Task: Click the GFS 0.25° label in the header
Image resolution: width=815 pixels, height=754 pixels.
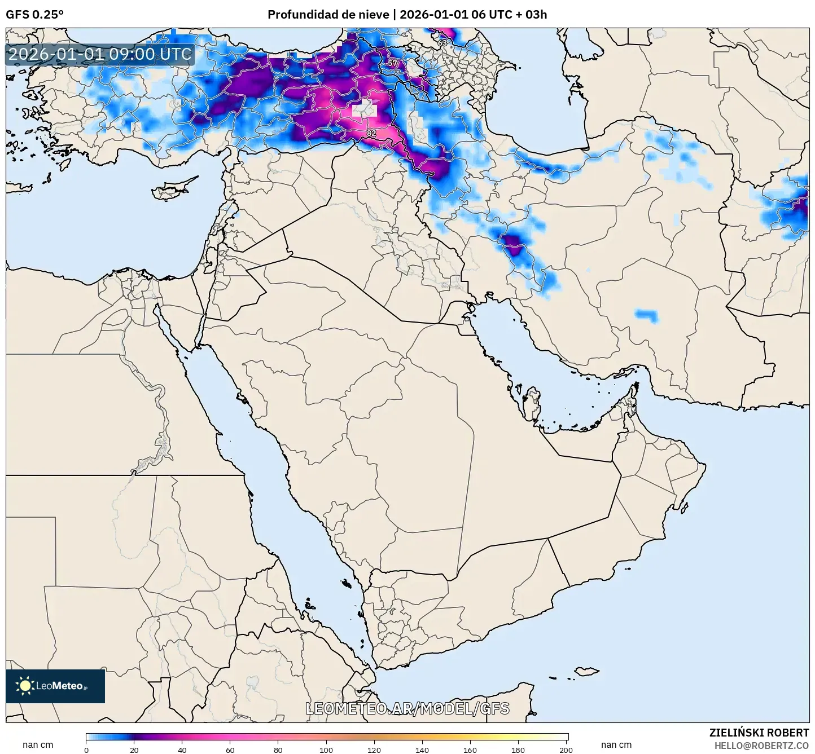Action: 34,14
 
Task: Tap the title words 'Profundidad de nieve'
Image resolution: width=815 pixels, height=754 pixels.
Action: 328,14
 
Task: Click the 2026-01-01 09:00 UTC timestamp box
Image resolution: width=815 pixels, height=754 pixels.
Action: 100,54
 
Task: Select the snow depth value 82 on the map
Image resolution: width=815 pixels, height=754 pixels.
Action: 371,133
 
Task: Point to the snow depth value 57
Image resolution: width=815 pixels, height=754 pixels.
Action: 392,63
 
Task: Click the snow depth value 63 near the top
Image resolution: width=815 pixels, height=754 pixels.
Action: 442,42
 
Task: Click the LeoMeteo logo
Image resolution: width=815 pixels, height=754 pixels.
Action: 55,686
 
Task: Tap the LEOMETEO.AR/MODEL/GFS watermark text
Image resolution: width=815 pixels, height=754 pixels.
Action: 407,708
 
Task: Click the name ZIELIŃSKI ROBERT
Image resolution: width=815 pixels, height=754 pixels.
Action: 759,733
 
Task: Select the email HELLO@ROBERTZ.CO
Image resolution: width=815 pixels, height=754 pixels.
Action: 761,746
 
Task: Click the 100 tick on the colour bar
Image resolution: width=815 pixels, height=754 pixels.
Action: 326,750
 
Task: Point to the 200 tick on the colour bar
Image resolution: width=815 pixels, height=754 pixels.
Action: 566,750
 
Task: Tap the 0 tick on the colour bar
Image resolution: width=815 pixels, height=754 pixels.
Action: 86,750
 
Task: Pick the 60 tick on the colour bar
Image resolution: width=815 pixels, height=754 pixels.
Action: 230,750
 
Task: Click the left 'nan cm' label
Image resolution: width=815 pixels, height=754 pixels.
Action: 38,745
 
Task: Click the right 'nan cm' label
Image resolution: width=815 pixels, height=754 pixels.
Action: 616,745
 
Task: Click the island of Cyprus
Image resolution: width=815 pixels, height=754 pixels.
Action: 172,189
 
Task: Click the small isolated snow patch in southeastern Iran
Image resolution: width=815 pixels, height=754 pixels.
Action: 647,315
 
